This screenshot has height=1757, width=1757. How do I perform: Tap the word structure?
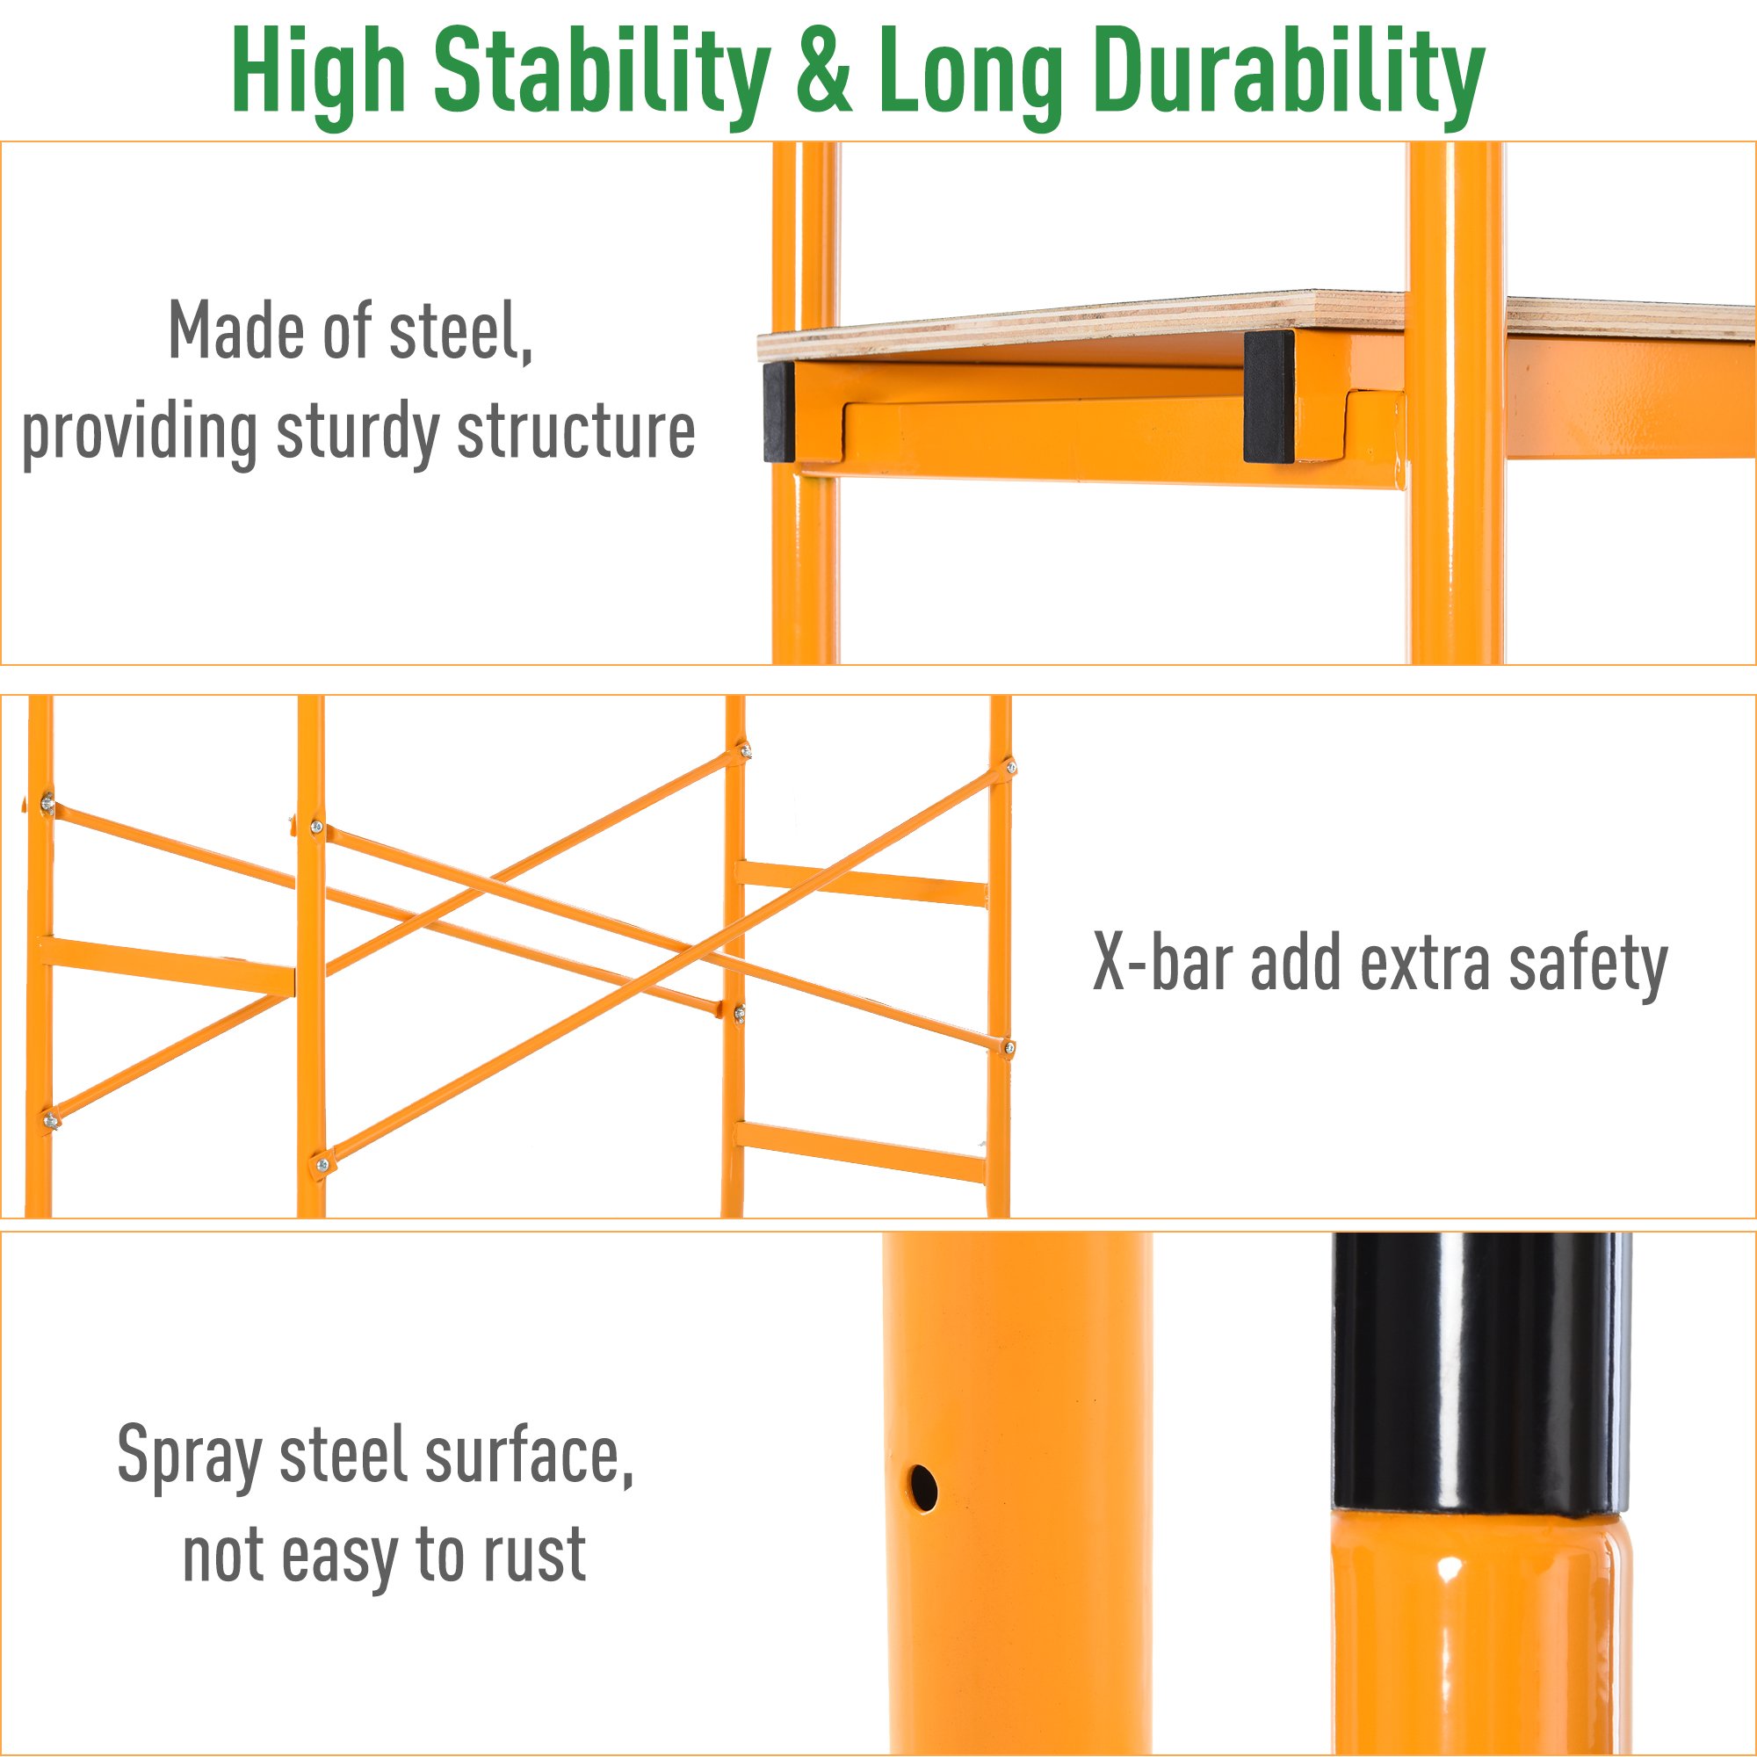pyautogui.click(x=575, y=432)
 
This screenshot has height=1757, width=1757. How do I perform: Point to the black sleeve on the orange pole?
pyautogui.click(x=1480, y=1373)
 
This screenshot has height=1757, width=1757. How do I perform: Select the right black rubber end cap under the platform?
pyautogui.click(x=1269, y=395)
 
